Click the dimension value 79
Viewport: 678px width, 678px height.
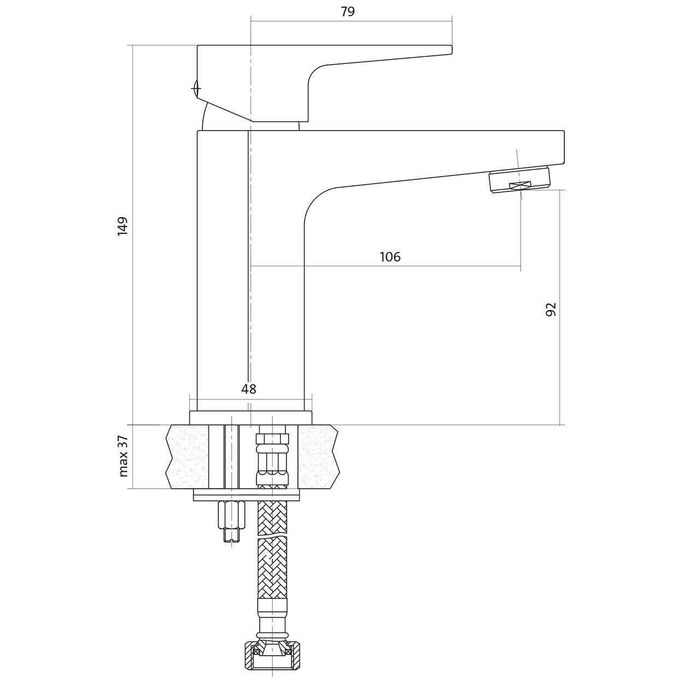tap(348, 11)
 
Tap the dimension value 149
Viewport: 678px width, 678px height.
tap(123, 226)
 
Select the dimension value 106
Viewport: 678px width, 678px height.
tap(390, 257)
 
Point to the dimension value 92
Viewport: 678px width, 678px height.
tap(551, 309)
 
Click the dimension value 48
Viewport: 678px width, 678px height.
tap(249, 389)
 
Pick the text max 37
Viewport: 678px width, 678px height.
tap(123, 456)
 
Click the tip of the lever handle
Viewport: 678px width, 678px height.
tap(452, 50)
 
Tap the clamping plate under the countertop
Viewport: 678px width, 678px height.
tap(246, 495)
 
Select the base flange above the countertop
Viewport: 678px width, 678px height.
tap(250, 418)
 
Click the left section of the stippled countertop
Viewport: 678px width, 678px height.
tap(188, 457)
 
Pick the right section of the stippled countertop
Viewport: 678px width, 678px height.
tap(319, 457)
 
